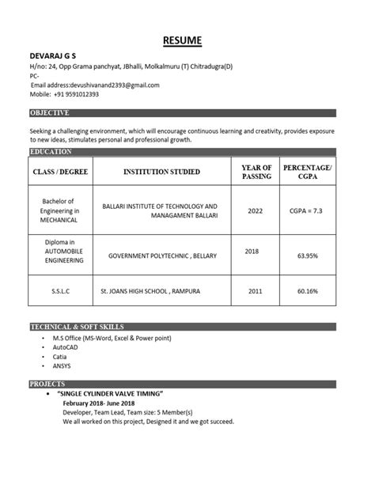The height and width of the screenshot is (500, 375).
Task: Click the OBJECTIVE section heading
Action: click(50, 113)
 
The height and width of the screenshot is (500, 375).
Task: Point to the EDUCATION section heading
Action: click(51, 151)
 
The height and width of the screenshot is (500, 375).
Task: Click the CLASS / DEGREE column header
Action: click(59, 171)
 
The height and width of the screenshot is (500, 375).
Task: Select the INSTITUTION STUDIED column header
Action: click(161, 171)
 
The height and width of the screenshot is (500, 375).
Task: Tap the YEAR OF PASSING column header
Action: click(256, 171)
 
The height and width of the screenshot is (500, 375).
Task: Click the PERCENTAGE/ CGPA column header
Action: click(308, 171)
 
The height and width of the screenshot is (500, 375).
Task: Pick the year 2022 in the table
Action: click(255, 211)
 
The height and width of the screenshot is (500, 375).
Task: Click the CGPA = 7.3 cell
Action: click(305, 211)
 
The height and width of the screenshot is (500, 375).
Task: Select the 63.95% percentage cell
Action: click(307, 256)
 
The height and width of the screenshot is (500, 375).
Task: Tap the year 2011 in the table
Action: click(253, 291)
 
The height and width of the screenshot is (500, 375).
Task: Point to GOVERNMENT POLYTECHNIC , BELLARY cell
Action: click(162, 256)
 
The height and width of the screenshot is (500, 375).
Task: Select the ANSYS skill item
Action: click(64, 367)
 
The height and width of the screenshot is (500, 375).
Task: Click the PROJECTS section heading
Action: click(47, 384)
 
